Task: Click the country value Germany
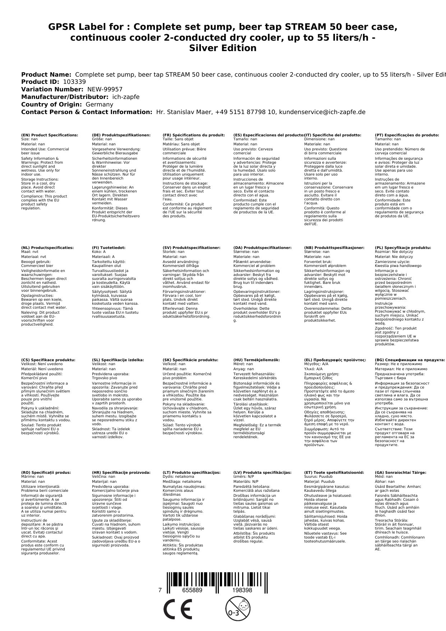(x=99, y=105)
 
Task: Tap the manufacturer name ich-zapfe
(x=125, y=97)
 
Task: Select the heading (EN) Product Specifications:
(x=50, y=135)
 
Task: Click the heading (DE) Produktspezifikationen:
(x=121, y=135)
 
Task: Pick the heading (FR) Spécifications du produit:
(x=194, y=135)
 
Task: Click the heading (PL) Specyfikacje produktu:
(x=403, y=248)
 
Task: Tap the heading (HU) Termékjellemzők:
(x=257, y=360)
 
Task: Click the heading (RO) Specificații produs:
(x=46, y=472)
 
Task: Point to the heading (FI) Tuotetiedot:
(x=109, y=248)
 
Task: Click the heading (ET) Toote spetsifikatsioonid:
(x=334, y=472)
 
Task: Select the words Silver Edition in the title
(x=223, y=48)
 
